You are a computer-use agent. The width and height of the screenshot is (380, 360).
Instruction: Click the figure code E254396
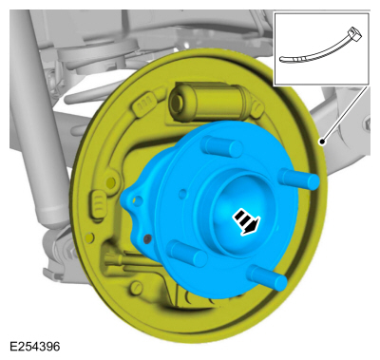(x=35, y=347)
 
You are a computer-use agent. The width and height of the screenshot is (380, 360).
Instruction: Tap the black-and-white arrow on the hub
(x=246, y=221)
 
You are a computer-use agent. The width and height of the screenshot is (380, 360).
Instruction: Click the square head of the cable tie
(x=354, y=34)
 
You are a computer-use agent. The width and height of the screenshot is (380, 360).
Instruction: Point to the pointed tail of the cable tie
(x=282, y=59)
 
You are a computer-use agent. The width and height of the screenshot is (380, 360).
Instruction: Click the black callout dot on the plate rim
(x=322, y=142)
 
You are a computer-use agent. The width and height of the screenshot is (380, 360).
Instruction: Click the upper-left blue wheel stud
(x=222, y=145)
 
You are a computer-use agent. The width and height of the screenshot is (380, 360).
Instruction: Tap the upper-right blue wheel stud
(x=298, y=179)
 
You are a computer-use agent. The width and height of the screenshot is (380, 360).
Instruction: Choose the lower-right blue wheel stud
(x=268, y=277)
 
